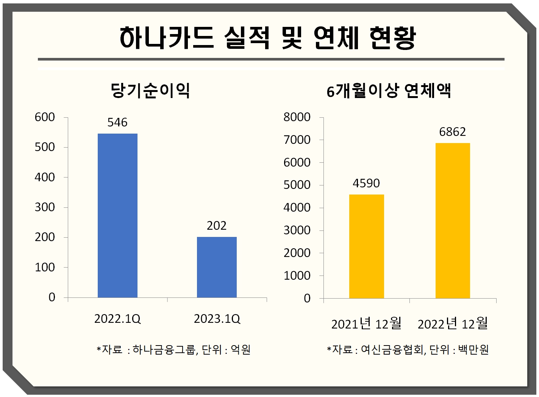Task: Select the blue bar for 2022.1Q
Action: click(117, 215)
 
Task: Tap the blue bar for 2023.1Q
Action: click(217, 267)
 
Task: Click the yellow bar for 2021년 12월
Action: click(366, 246)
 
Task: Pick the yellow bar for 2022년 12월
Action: click(453, 220)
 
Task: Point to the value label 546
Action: click(117, 122)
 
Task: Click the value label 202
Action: click(217, 226)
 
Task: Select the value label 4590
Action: click(366, 183)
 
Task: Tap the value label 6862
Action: click(453, 132)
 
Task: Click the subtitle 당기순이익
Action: click(150, 91)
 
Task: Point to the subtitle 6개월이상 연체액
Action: click(389, 91)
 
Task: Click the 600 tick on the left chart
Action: click(45, 117)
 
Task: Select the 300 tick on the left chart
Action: click(45, 207)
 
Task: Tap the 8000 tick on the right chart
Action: click(297, 117)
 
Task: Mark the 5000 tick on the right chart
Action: click(297, 185)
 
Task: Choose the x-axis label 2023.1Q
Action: click(217, 319)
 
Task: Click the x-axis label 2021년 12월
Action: click(366, 324)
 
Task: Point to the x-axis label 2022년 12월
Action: click(453, 324)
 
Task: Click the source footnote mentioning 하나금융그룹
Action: click(174, 349)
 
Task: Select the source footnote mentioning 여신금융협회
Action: click(408, 349)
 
